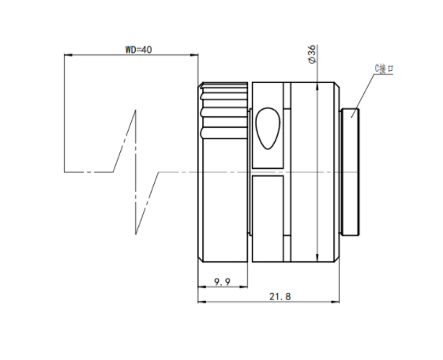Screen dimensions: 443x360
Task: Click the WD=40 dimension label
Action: click(138, 50)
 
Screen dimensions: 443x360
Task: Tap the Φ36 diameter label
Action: click(312, 54)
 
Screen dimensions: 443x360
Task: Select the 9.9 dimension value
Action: click(223, 282)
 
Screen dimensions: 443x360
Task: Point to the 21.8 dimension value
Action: click(280, 297)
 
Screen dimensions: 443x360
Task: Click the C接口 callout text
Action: click(384, 69)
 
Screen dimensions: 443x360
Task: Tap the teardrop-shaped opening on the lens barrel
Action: click(268, 128)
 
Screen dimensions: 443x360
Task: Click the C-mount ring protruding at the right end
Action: click(351, 171)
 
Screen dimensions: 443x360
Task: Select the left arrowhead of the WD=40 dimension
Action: click(68, 54)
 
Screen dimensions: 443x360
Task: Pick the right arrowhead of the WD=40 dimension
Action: click(194, 54)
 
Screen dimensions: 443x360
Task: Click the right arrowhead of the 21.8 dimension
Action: click(336, 302)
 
